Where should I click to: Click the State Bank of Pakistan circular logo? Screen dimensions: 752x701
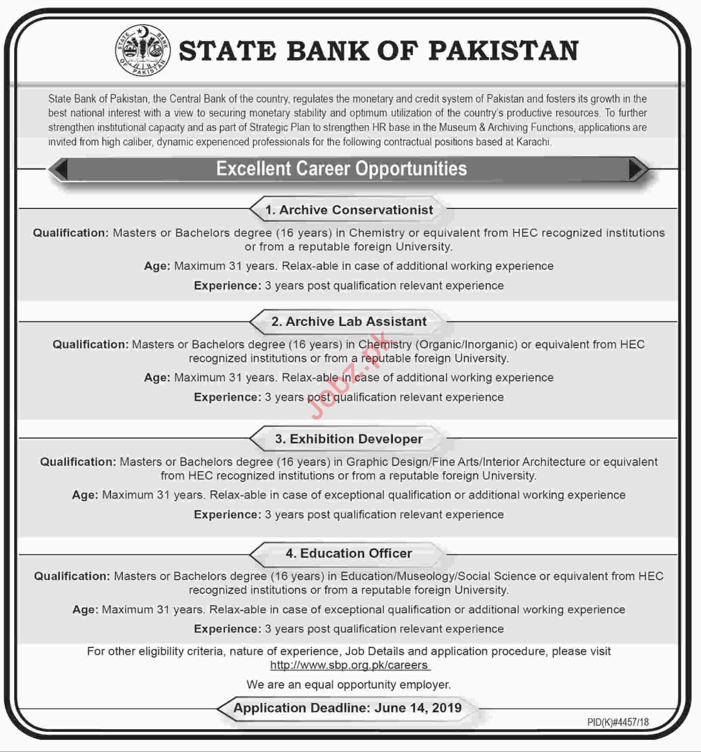142,51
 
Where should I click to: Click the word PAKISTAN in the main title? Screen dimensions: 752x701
503,51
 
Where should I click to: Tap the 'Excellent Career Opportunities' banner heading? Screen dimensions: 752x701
341,169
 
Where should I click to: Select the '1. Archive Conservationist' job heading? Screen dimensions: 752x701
349,210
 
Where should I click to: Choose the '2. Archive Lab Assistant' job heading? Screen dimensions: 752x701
349,322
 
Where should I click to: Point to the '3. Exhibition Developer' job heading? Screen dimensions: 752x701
349,439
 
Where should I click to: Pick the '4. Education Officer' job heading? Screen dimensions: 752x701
349,553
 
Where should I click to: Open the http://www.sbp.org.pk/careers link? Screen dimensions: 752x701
349,665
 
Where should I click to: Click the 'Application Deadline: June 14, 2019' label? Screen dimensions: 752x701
347,708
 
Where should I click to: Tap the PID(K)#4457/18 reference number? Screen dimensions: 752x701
618,722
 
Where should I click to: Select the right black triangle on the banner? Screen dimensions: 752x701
636,169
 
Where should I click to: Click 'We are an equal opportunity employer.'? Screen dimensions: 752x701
349,684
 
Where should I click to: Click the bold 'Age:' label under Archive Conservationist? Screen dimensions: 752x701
157,266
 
